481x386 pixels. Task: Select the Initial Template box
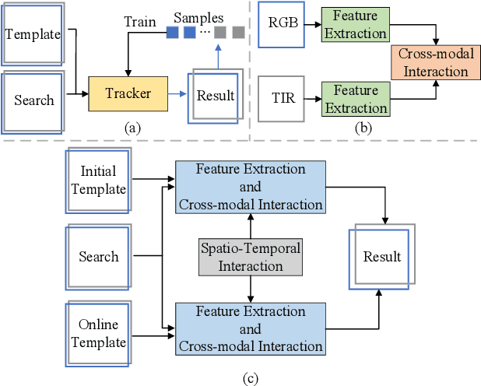103,181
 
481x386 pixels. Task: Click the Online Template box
103,332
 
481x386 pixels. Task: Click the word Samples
198,17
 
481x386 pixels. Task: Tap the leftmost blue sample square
172,33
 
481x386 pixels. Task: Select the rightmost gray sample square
238,33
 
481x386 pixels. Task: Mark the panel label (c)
249,378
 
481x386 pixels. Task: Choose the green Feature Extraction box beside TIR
356,100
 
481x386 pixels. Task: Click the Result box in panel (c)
381,256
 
